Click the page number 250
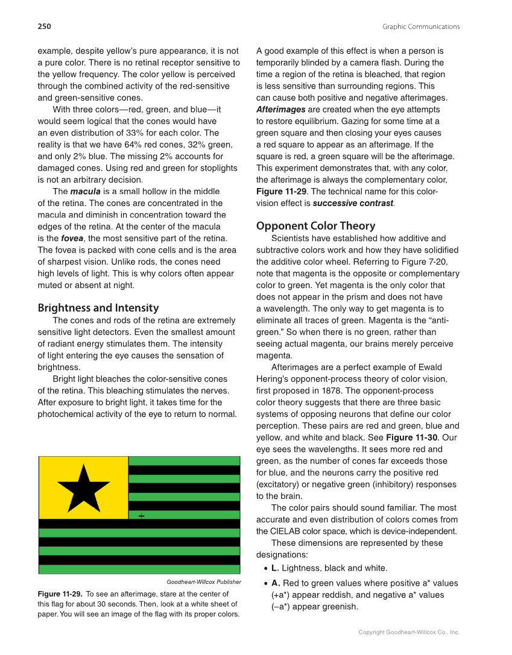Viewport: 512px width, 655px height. click(x=44, y=27)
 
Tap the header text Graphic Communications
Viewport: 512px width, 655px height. click(x=421, y=27)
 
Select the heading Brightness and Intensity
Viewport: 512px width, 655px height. click(x=98, y=308)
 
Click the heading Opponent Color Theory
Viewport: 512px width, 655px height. click(x=315, y=226)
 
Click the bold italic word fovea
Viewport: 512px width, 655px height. click(x=72, y=239)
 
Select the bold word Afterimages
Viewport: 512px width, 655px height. click(x=280, y=110)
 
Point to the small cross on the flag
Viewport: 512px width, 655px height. click(x=141, y=516)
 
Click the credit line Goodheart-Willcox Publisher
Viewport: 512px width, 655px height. click(x=203, y=582)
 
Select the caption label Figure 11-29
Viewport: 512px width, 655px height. click(x=60, y=594)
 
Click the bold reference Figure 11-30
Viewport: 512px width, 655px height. click(x=413, y=437)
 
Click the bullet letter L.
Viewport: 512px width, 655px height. click(x=275, y=568)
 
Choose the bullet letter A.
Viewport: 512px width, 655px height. click(x=276, y=583)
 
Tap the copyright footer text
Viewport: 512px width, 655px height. click(x=409, y=632)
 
